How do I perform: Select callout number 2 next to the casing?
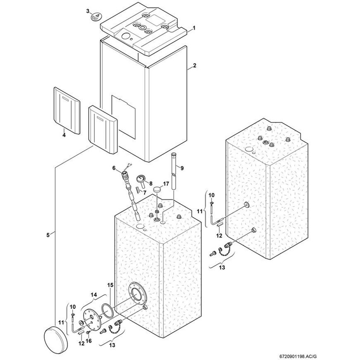pos(194,66)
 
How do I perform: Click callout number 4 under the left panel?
pos(64,135)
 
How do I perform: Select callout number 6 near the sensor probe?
pos(114,168)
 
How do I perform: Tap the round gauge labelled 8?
pos(141,179)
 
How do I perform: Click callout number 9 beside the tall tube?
pos(182,168)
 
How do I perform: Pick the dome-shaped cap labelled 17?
pos(158,189)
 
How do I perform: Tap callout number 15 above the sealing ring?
pos(110,285)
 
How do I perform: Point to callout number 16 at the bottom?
pos(89,341)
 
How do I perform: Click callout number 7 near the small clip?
pos(145,192)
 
